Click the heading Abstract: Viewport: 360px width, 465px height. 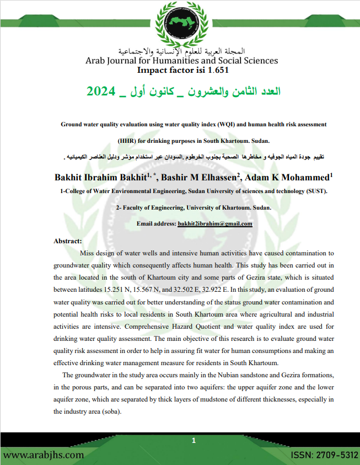pos(67,241)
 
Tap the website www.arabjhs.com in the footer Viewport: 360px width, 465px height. pos(44,455)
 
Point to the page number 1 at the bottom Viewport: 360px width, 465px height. pos(194,441)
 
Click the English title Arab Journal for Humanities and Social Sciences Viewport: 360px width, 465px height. pos(181,61)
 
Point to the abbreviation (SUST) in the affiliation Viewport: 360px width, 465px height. pos(316,191)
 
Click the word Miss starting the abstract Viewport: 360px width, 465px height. pos(89,253)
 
